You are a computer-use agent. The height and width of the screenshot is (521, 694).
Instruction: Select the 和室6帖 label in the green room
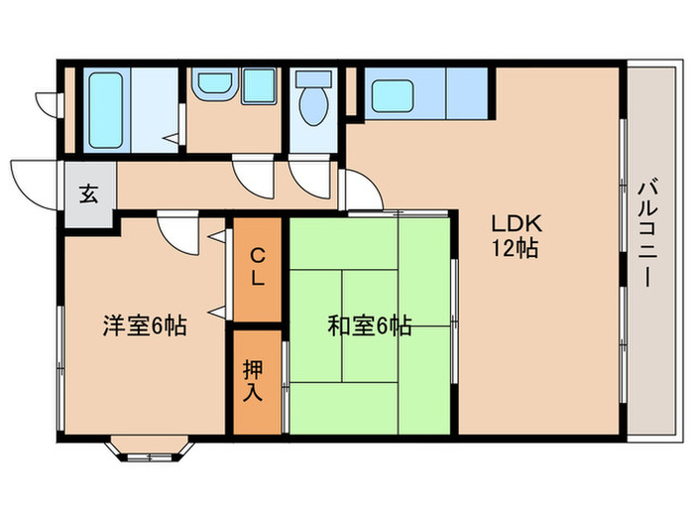pos(369,325)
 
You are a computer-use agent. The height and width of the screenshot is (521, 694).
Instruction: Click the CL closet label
pos(257,266)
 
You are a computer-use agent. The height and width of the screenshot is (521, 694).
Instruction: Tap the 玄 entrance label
pos(90,195)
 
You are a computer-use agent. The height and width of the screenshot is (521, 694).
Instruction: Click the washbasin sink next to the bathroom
pos(212,84)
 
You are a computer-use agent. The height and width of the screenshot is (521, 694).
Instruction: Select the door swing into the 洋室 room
pos(179,234)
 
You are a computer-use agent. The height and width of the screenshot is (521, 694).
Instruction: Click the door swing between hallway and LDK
pos(362,192)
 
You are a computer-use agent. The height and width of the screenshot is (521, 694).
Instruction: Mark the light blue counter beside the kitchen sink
pos(467,95)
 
